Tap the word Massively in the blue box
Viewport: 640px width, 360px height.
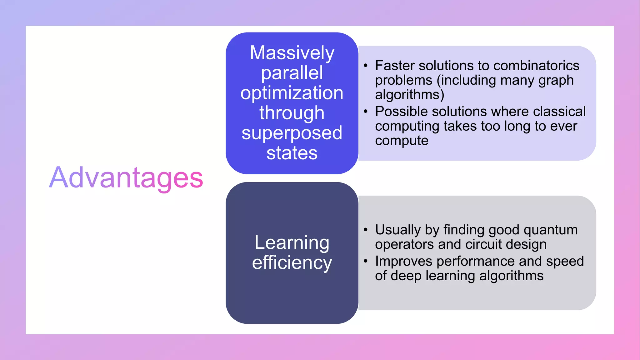click(x=292, y=53)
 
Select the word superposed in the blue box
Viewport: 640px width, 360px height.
click(x=292, y=133)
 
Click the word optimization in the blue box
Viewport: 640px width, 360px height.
click(x=292, y=93)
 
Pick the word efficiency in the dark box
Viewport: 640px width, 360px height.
click(x=292, y=263)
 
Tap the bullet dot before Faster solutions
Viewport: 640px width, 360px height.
click(x=365, y=66)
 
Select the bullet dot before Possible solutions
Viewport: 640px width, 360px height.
click(x=365, y=112)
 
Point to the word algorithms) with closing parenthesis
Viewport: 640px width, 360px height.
click(x=409, y=95)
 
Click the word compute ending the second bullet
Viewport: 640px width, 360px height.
click(x=402, y=141)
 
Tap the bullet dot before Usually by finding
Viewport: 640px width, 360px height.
click(x=365, y=230)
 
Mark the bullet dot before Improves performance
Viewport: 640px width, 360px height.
click(x=365, y=261)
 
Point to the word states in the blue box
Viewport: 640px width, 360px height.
click(x=292, y=153)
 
